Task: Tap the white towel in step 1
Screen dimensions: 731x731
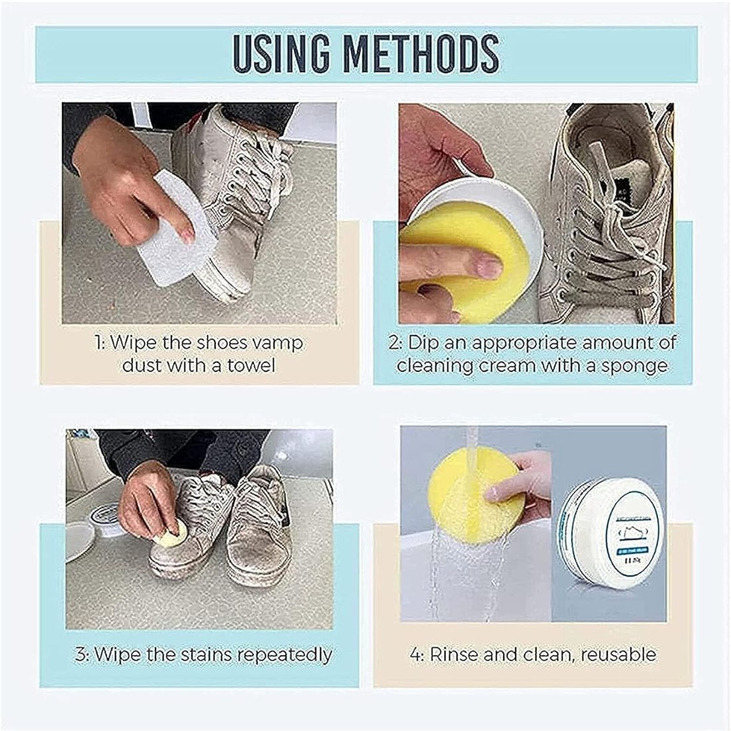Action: pos(174,249)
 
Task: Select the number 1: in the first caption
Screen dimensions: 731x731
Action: pos(98,343)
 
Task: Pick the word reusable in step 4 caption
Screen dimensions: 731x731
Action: pos(618,655)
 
